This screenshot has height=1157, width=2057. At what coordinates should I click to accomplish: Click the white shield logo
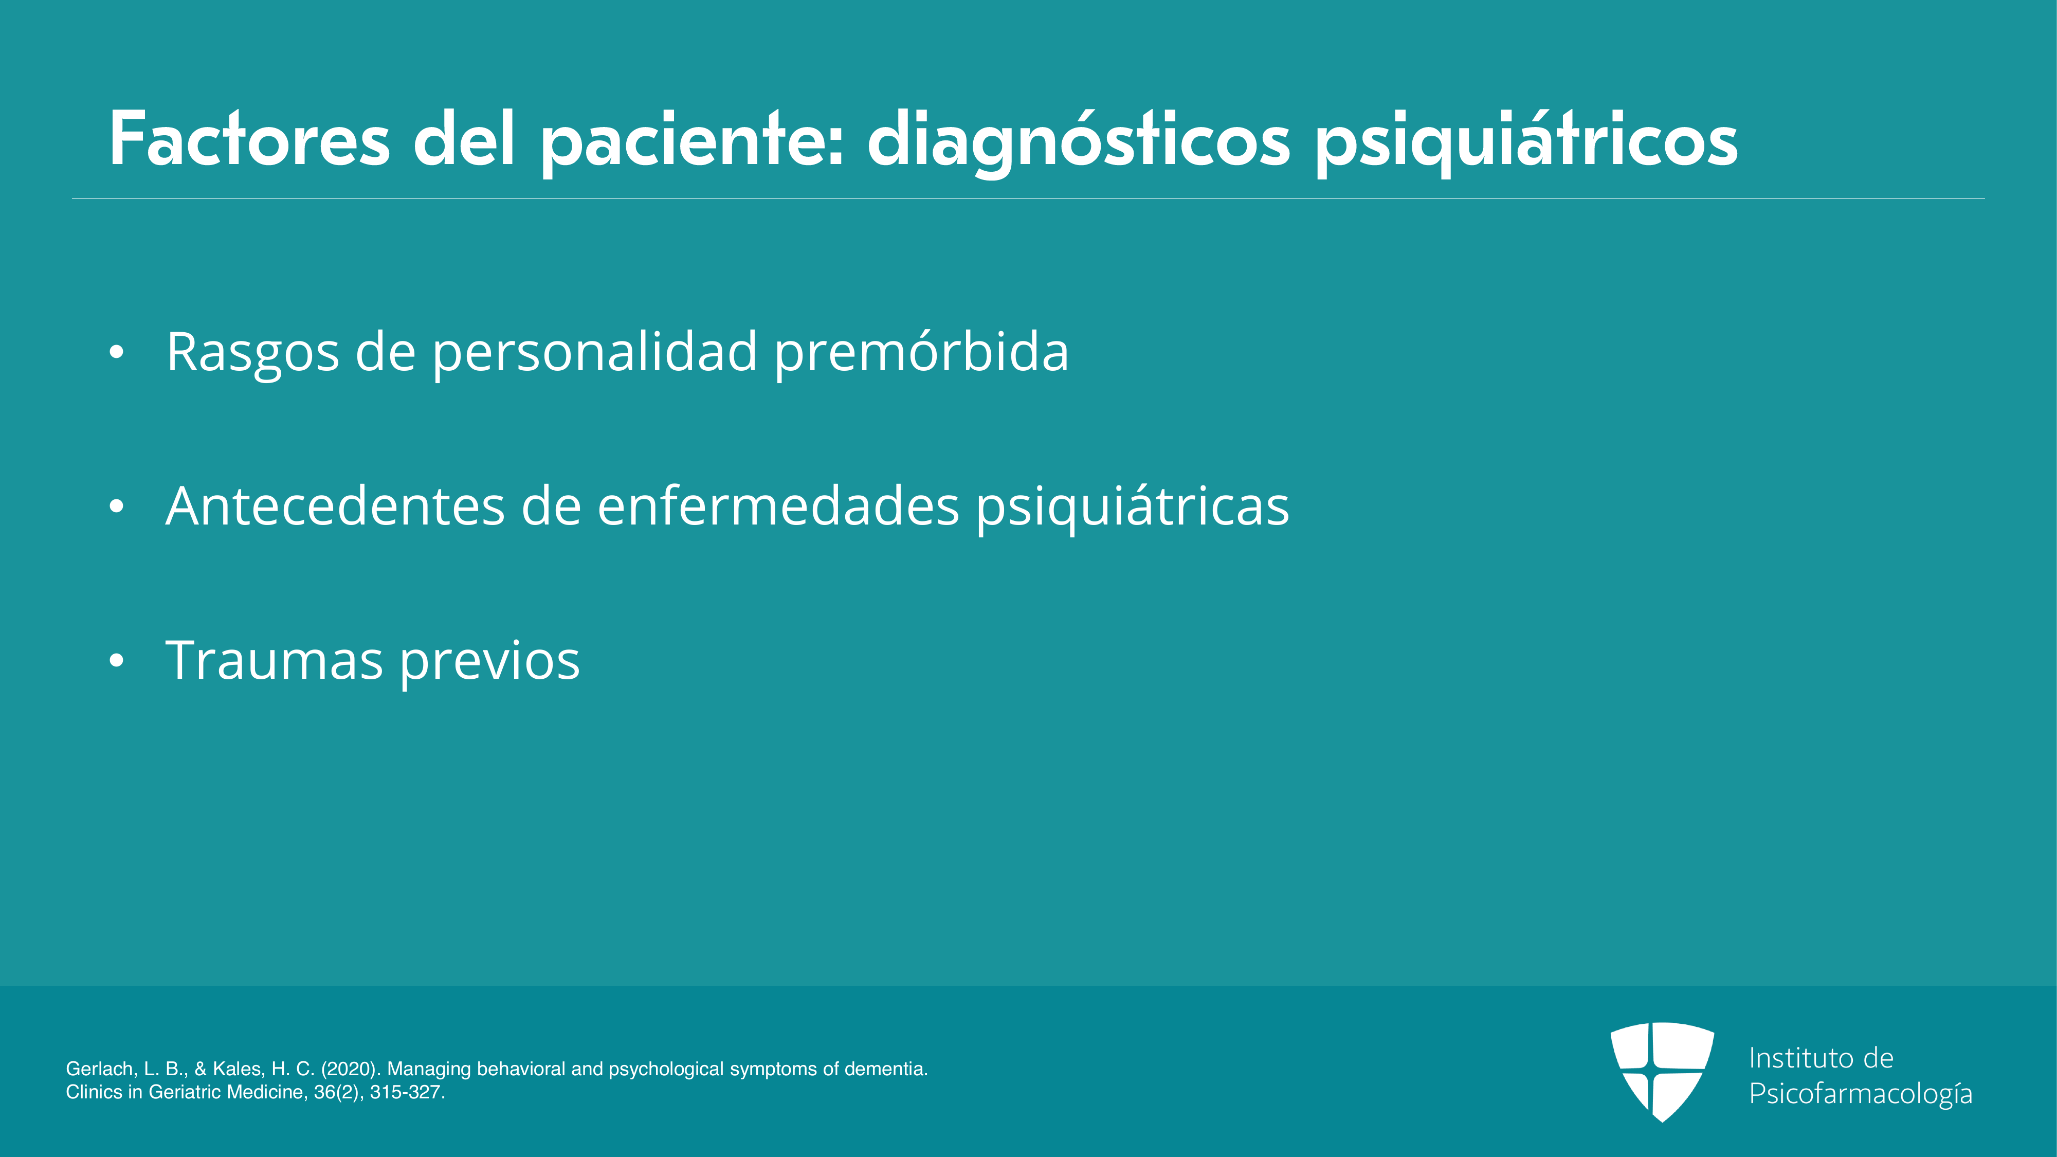(1662, 1071)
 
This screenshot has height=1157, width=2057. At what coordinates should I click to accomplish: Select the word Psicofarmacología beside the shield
(1861, 1094)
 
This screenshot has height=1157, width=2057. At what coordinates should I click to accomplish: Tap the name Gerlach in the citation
(100, 1069)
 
